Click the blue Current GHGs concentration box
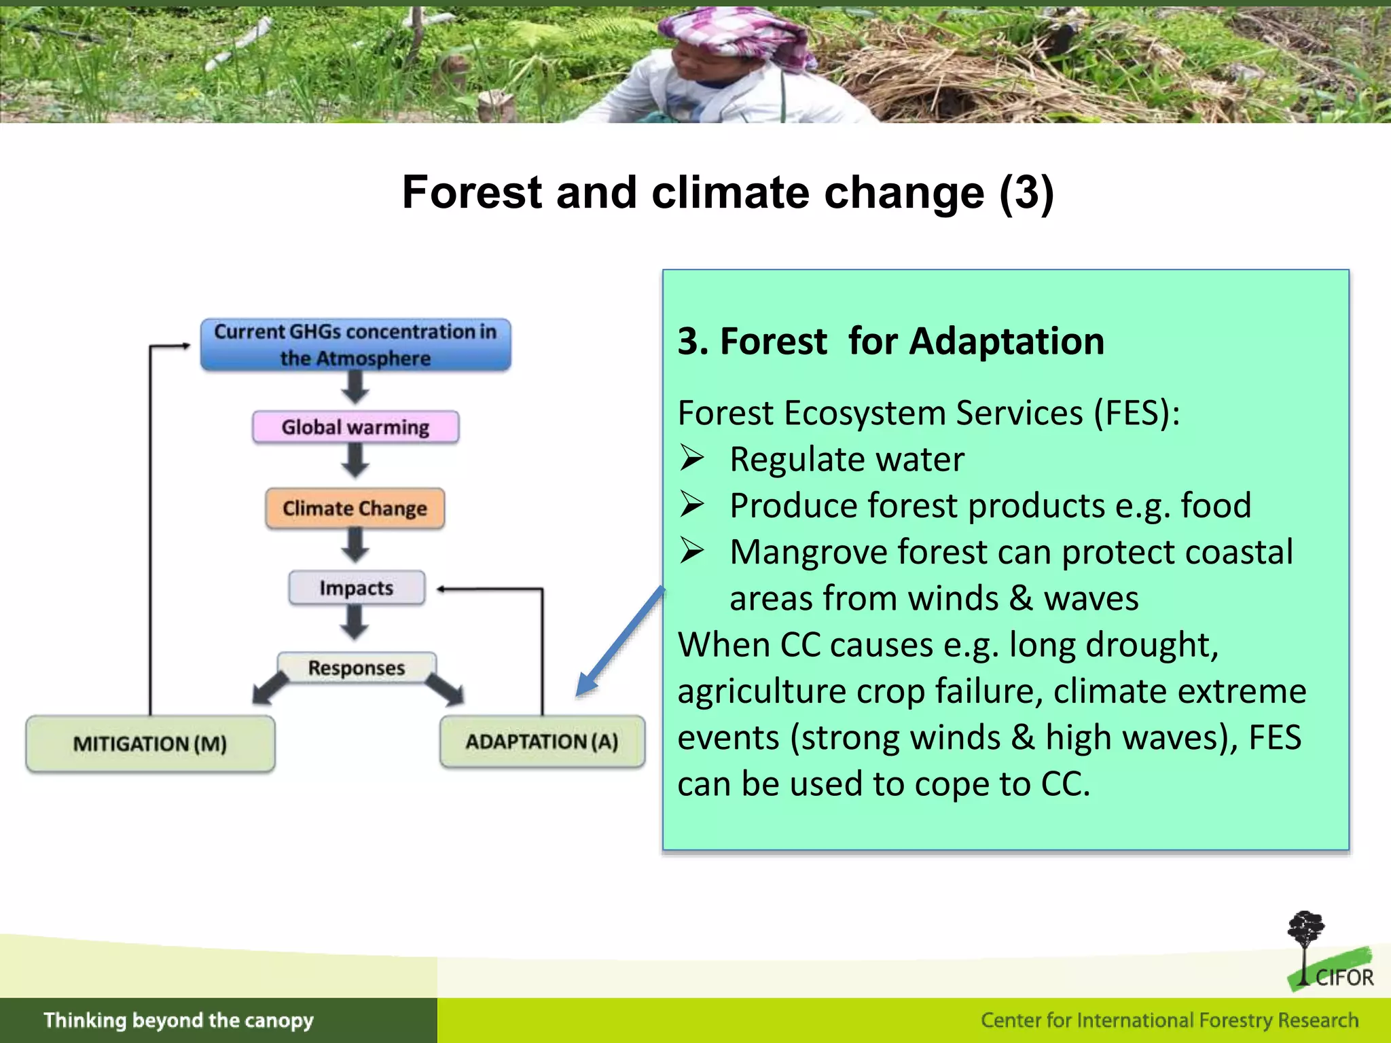tap(355, 344)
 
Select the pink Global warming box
tap(355, 427)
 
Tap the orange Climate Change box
tap(355, 509)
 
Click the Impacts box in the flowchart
tap(357, 588)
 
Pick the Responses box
tap(357, 668)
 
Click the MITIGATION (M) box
tap(150, 744)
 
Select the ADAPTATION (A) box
tap(542, 742)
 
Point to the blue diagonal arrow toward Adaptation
tap(619, 642)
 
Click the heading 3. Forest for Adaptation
tap(890, 341)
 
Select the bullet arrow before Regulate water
tap(691, 458)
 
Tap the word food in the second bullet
tap(1215, 506)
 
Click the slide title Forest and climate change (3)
tap(727, 192)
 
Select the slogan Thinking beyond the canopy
tap(179, 1021)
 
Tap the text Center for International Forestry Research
tap(1169, 1021)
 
